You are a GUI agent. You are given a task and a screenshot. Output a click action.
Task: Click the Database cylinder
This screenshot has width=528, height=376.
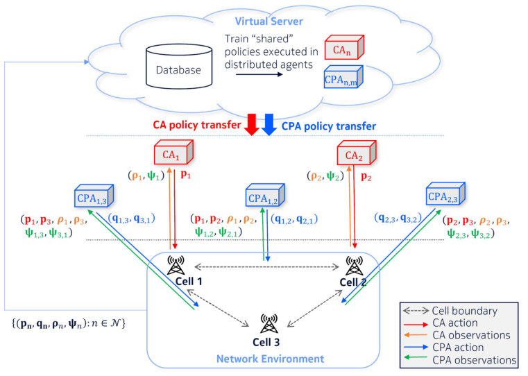[179, 67]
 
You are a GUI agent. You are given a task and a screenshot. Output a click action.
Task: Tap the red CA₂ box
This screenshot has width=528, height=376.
[356, 153]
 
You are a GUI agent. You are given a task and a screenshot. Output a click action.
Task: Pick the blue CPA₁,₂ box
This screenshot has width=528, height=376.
[265, 195]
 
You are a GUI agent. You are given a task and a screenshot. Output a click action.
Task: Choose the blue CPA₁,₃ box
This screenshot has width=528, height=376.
[94, 196]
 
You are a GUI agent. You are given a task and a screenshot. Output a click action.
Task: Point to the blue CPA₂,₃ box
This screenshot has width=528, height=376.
[445, 194]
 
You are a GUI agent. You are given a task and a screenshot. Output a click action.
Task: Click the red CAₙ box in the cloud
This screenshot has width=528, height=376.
[344, 47]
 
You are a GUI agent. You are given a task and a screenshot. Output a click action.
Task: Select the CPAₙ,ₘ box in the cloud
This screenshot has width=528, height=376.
[343, 77]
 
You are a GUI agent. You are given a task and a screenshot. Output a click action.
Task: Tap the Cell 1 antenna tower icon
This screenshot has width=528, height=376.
[176, 265]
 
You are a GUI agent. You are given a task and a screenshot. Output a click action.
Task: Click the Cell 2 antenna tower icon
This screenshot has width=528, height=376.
[355, 266]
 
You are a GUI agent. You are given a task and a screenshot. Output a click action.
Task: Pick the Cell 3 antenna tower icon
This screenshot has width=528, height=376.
[269, 323]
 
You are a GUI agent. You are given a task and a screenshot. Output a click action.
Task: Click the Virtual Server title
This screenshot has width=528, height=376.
[269, 22]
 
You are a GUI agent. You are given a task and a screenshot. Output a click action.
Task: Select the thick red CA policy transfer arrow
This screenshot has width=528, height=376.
[252, 125]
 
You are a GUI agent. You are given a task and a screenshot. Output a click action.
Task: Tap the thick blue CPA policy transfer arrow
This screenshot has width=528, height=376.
[269, 125]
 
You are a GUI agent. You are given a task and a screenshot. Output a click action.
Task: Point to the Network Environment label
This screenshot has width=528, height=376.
[270, 359]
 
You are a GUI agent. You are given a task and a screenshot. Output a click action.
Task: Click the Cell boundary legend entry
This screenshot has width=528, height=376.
[450, 311]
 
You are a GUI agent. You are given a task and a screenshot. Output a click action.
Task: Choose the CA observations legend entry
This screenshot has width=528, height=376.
[457, 335]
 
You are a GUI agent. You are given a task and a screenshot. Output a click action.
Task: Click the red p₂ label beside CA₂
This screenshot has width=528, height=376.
[366, 177]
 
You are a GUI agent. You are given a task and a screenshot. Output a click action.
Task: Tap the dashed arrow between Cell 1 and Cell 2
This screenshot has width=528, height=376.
[266, 267]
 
